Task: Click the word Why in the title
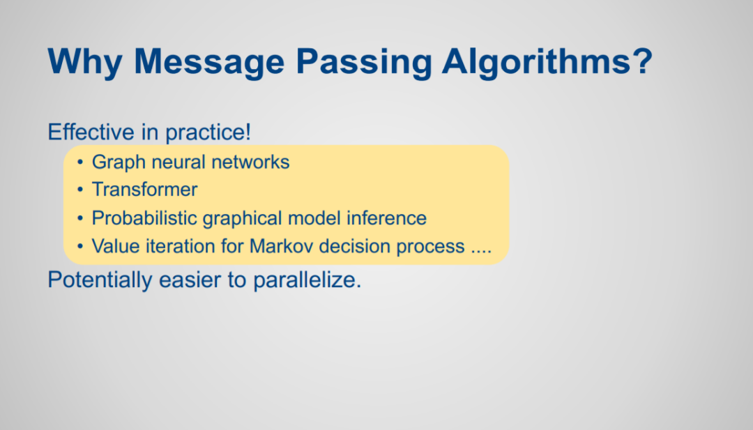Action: click(85, 61)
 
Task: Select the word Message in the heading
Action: click(209, 61)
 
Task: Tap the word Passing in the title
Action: click(364, 61)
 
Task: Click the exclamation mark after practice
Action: click(248, 132)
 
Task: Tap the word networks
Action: click(250, 162)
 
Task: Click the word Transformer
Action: click(144, 190)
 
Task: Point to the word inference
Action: click(386, 218)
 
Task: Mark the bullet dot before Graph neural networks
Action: click(80, 162)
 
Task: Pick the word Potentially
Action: click(100, 279)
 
